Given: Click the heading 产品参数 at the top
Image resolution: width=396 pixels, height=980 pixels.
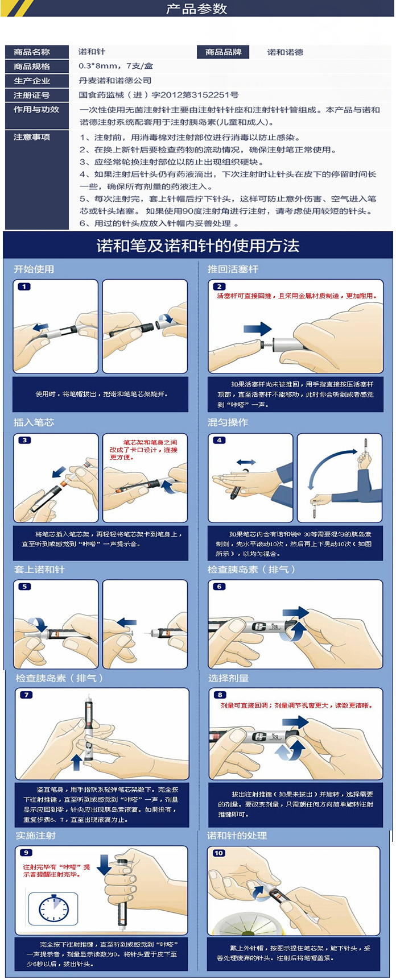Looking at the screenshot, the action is tap(197, 9).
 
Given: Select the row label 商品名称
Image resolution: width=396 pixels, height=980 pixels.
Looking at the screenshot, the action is tap(32, 52).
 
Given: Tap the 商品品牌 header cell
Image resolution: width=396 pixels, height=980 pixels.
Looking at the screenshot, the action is tap(224, 52).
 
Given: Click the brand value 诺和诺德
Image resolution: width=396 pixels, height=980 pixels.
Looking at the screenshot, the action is tap(285, 52).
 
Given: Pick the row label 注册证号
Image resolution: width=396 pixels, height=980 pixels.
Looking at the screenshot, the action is tap(32, 95).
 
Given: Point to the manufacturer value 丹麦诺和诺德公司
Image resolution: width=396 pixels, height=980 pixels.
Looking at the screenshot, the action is tap(115, 81).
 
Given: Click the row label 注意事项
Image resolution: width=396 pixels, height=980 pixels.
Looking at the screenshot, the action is tap(32, 137).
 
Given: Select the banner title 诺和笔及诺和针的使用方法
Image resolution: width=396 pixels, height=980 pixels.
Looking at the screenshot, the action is tap(198, 246).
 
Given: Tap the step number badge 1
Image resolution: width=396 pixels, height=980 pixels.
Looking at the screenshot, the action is tap(24, 286).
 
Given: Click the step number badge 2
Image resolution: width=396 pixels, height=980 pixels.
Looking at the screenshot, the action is tap(219, 286).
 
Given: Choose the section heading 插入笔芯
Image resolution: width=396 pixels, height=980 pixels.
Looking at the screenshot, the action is tap(34, 422).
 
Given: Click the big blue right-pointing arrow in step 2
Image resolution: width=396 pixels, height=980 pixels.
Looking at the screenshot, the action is tap(257, 329).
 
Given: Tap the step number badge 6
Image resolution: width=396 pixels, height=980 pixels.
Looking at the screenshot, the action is tap(219, 587).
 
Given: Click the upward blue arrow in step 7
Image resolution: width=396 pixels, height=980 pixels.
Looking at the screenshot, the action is tap(77, 762).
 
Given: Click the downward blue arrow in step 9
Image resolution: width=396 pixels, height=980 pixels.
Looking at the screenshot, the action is tap(104, 865).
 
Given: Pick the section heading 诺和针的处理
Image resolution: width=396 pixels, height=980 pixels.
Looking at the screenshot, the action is tap(237, 836).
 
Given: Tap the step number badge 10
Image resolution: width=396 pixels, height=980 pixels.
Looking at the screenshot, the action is tap(219, 853).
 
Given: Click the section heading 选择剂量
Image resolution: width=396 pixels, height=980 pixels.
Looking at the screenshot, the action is tap(228, 678).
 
